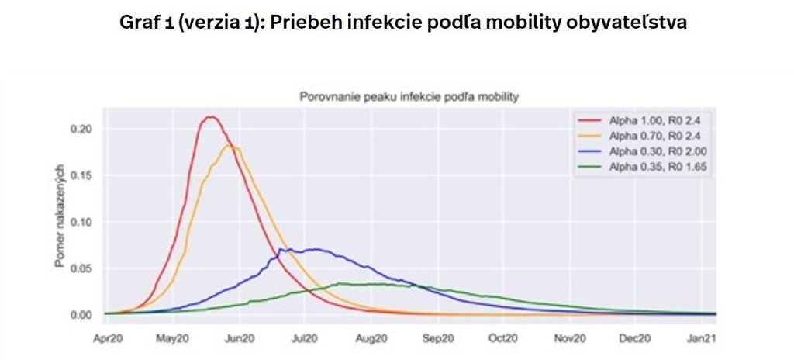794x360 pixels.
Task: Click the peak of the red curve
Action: click(x=209, y=117)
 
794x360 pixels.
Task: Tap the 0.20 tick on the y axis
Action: click(x=82, y=128)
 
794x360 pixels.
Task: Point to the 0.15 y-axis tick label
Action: click(x=82, y=175)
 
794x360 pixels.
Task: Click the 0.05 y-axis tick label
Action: click(x=82, y=268)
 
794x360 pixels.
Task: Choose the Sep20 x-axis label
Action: click(x=438, y=338)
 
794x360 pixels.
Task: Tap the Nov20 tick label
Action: click(x=570, y=338)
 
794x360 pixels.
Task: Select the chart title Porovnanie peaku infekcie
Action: click(x=409, y=97)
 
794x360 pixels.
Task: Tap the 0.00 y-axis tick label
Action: click(x=82, y=315)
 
